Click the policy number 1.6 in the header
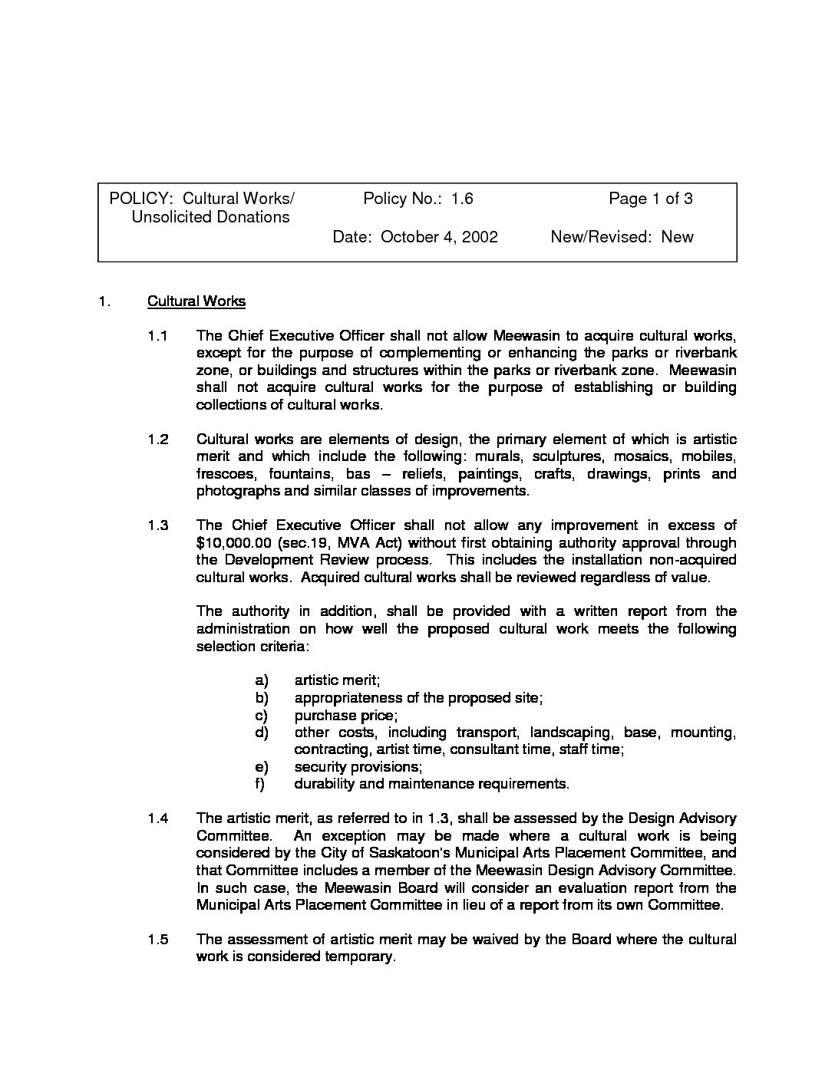click(462, 199)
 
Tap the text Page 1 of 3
click(651, 199)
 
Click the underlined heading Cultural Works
click(196, 301)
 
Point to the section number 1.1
click(157, 336)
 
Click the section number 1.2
click(157, 440)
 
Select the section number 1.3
click(157, 525)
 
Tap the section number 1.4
click(157, 818)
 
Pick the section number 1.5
click(157, 940)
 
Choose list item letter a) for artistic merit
click(262, 680)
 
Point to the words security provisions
click(358, 767)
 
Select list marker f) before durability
click(261, 784)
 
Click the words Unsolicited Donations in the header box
click(210, 217)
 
